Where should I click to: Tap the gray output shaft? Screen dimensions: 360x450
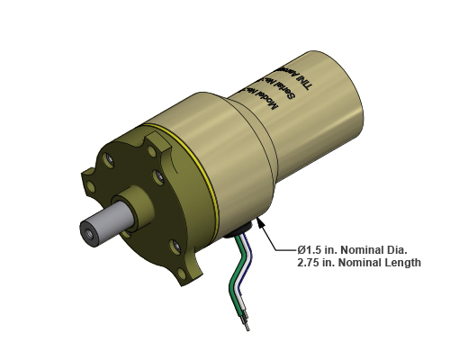tap(107, 226)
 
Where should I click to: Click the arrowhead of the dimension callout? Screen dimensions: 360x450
tap(261, 221)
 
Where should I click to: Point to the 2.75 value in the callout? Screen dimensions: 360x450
tap(310, 263)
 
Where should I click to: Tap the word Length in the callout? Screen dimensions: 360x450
tap(400, 263)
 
